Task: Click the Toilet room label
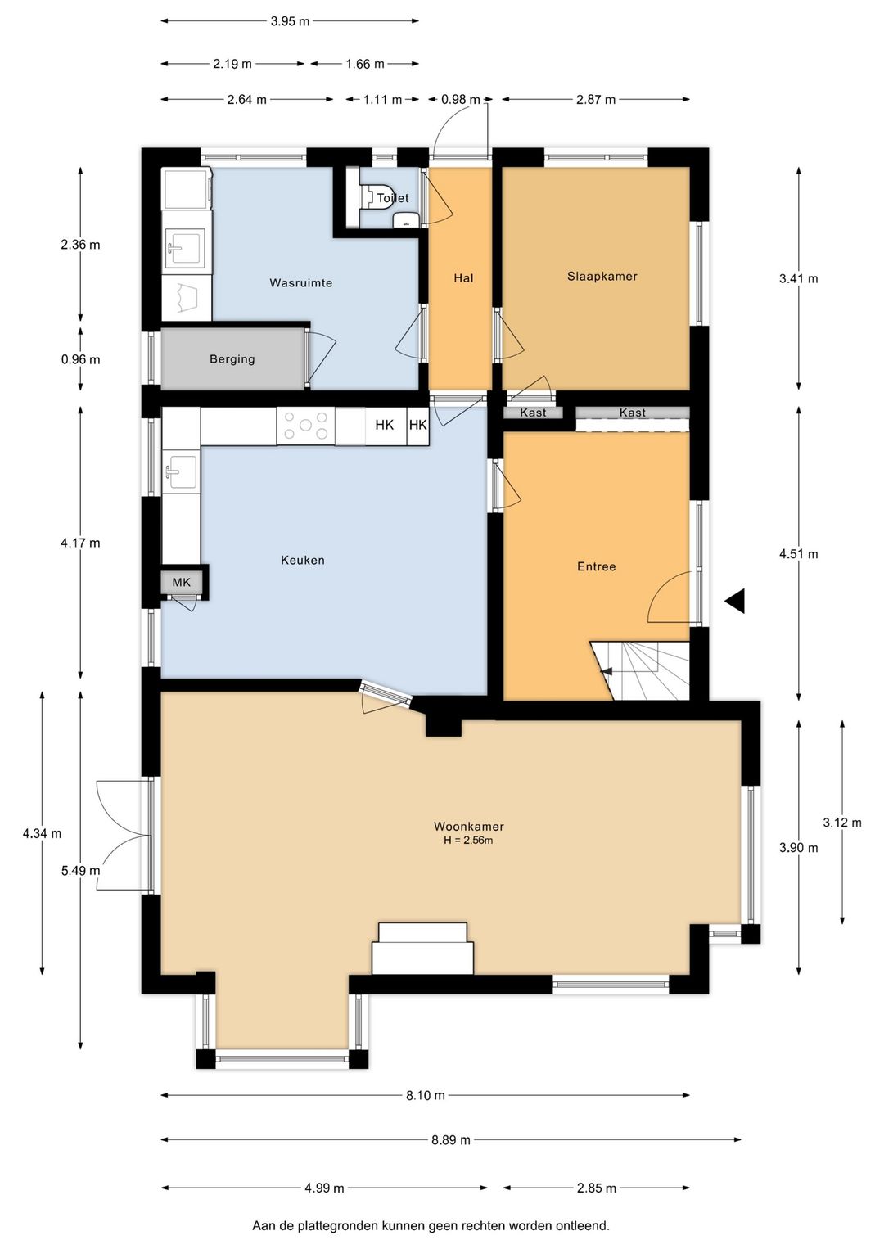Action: point(393,198)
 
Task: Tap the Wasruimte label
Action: point(300,282)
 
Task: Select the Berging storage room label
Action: point(232,359)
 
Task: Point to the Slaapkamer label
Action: point(602,276)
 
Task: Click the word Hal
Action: point(463,277)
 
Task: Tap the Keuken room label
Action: point(302,560)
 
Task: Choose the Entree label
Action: point(596,566)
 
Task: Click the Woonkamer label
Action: point(468,827)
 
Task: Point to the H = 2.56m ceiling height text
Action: point(468,841)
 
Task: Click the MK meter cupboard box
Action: point(181,583)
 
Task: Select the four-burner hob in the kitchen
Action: point(305,426)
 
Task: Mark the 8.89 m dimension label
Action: point(451,1139)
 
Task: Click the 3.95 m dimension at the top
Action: point(290,22)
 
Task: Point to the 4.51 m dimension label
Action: point(799,553)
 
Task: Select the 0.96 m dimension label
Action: point(81,359)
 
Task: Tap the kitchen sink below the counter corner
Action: point(182,472)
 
